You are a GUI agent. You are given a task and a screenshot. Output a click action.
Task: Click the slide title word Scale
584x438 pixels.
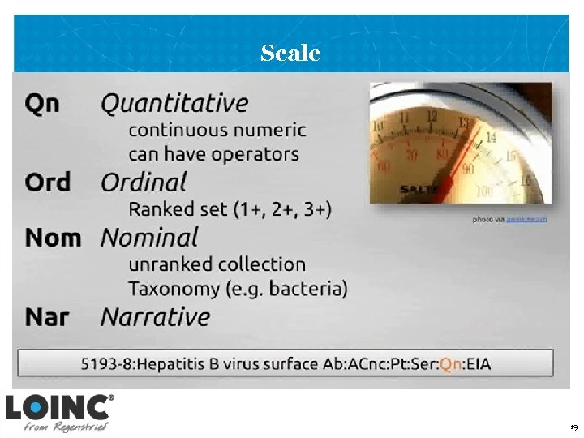[290, 54]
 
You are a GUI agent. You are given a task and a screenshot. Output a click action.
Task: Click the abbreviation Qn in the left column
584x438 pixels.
[42, 104]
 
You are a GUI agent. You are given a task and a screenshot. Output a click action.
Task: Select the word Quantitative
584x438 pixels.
[174, 104]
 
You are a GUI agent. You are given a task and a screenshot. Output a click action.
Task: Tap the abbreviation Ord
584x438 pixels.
[48, 182]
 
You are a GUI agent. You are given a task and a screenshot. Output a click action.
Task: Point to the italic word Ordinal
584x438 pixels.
[144, 182]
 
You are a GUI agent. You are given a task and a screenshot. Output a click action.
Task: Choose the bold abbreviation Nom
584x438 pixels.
[54, 238]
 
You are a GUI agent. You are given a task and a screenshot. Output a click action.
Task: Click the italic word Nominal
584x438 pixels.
[149, 238]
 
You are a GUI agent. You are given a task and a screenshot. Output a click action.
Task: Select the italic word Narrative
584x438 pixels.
[155, 316]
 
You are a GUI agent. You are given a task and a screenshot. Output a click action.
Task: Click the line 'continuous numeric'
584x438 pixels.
[217, 130]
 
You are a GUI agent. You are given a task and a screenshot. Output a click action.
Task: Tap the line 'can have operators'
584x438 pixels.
[213, 154]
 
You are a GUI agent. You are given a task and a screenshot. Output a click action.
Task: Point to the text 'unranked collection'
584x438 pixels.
[217, 264]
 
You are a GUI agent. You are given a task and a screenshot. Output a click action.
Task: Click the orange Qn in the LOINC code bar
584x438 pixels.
[450, 364]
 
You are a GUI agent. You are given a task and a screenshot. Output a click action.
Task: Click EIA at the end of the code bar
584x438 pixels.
[478, 364]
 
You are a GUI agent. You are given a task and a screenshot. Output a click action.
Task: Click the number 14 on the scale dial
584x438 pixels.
[490, 138]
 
